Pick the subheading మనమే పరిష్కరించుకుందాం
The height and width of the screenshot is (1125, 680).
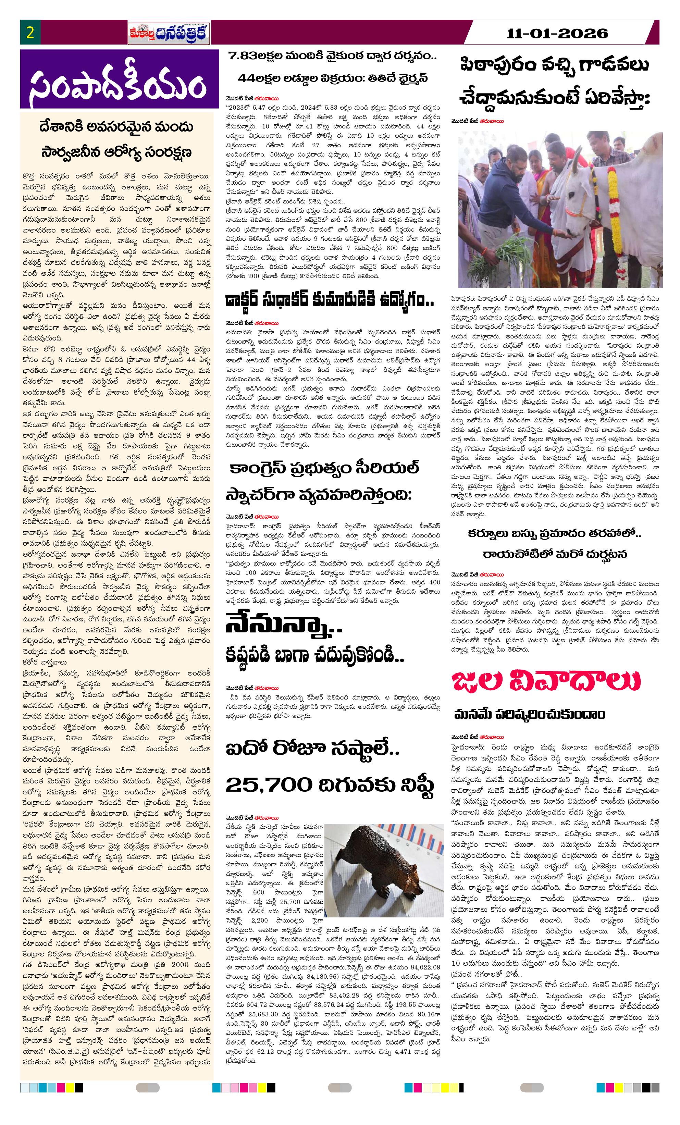pos(529,714)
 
